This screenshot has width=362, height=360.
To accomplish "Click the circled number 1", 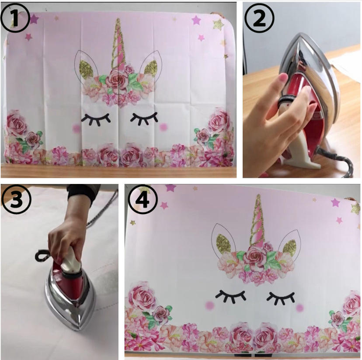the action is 15,17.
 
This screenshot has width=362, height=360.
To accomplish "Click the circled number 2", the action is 260,18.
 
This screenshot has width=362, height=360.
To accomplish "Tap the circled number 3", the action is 16,199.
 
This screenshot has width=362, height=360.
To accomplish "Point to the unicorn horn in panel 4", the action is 258,220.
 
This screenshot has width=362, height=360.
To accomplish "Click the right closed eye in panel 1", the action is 144,118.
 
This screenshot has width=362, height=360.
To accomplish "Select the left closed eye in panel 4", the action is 231,296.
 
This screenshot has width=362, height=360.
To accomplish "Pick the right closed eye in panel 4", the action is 281,297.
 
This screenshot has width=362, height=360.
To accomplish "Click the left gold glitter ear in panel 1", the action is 86,69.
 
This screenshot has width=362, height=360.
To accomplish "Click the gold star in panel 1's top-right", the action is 219,24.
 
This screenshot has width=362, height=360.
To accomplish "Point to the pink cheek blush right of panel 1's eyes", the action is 163,126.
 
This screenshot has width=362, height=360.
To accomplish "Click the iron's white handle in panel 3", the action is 71,260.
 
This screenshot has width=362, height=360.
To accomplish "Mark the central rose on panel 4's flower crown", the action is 254,256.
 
